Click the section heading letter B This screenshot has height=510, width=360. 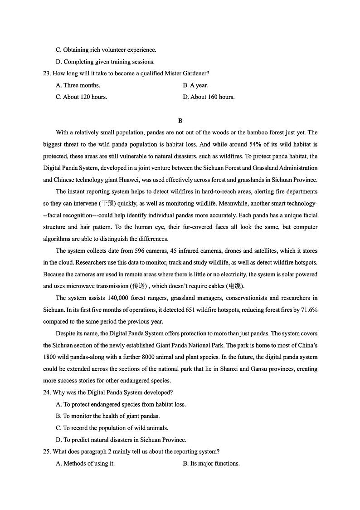coord(180,121)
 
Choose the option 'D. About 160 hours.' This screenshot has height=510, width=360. coord(209,97)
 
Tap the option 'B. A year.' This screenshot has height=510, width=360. coord(195,85)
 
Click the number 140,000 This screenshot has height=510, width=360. coord(108,298)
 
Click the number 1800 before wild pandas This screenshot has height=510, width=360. coord(50,357)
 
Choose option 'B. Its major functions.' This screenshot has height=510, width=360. coord(211,464)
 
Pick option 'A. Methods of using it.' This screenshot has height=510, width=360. coord(85,464)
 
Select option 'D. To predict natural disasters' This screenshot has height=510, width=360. coord(121,440)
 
